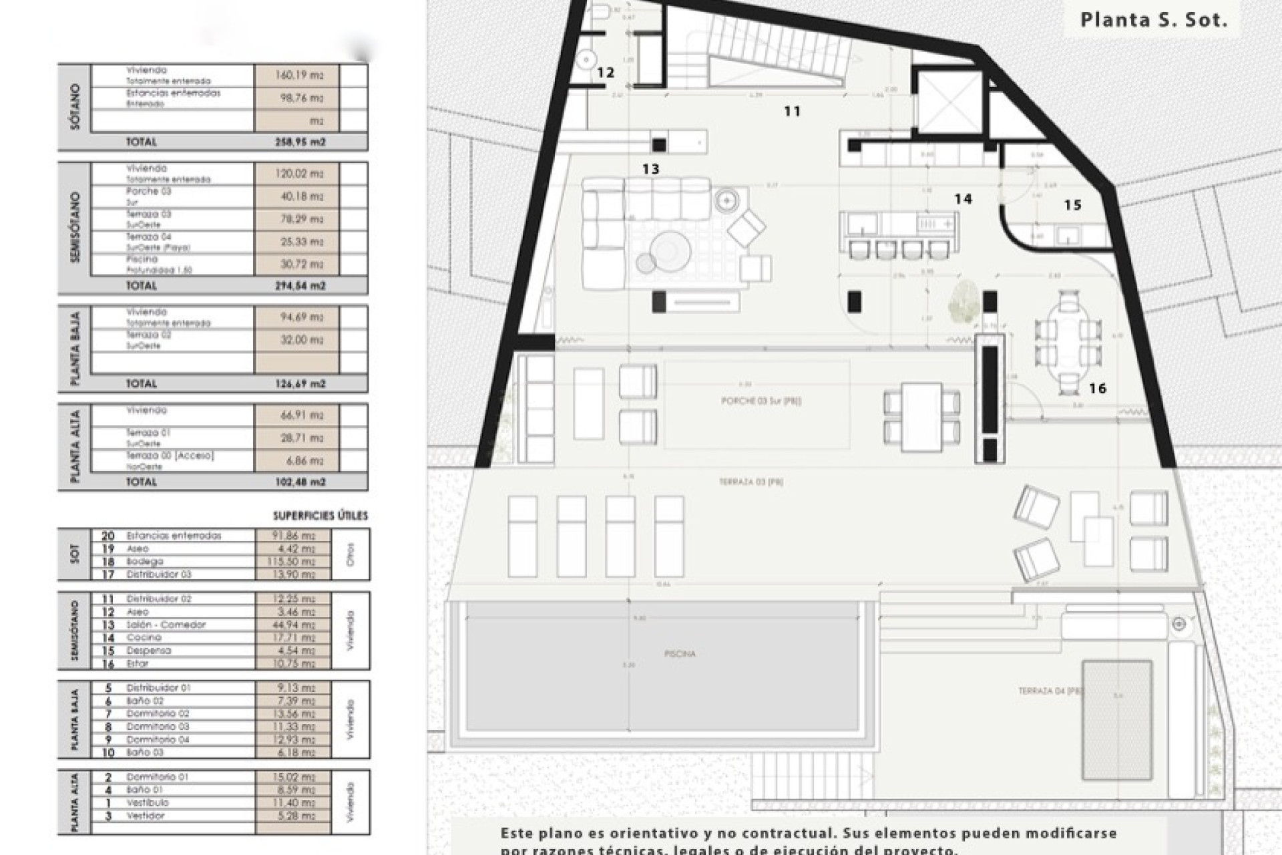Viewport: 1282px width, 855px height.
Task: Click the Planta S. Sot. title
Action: pyautogui.click(x=1154, y=19)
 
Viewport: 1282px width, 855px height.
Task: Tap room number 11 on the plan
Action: pyautogui.click(x=792, y=112)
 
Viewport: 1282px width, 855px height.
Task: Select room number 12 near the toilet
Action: pyautogui.click(x=605, y=72)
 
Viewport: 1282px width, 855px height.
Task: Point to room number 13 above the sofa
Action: pyautogui.click(x=650, y=169)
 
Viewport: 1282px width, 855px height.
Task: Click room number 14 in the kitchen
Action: pyautogui.click(x=963, y=199)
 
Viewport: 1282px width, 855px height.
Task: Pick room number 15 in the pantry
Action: pyautogui.click(x=1072, y=205)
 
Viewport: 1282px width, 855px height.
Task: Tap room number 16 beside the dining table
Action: pyautogui.click(x=1097, y=388)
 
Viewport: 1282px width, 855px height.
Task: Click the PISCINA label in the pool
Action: pyautogui.click(x=680, y=654)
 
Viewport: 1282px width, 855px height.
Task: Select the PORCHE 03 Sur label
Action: pyautogui.click(x=761, y=401)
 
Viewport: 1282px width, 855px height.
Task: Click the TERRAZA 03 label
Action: pyautogui.click(x=751, y=482)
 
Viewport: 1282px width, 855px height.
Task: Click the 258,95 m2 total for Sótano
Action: pyautogui.click(x=299, y=142)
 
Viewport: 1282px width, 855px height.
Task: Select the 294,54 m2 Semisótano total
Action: pyautogui.click(x=299, y=286)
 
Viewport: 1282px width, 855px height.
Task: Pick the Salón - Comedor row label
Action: pyautogui.click(x=166, y=625)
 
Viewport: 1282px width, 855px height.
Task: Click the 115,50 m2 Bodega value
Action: pyautogui.click(x=294, y=562)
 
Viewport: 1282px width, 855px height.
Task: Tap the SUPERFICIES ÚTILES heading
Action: pyautogui.click(x=320, y=516)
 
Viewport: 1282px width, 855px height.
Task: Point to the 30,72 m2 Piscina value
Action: pyautogui.click(x=299, y=264)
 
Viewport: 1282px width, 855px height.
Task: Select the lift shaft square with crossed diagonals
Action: pyautogui.click(x=947, y=102)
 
